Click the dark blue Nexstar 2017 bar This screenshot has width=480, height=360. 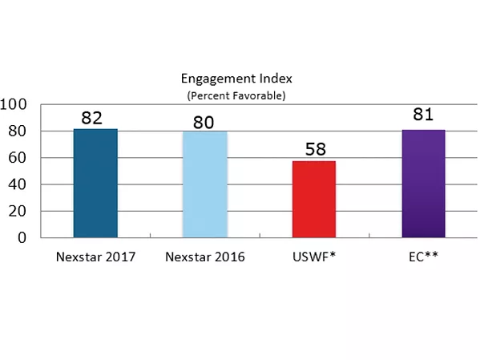click(x=95, y=184)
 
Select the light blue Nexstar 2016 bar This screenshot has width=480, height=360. click(x=204, y=184)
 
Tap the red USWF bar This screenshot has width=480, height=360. click(x=313, y=200)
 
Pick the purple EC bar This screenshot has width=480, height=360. click(x=422, y=184)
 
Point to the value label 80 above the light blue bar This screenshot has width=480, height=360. click(x=204, y=122)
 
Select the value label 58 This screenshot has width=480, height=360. click(x=313, y=150)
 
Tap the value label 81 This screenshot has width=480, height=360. click(x=422, y=115)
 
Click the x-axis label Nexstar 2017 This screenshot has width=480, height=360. click(x=95, y=257)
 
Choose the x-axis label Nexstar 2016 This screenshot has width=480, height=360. click(x=204, y=257)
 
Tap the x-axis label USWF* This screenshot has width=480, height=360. click(x=313, y=257)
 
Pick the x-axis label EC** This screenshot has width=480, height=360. click(x=422, y=257)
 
